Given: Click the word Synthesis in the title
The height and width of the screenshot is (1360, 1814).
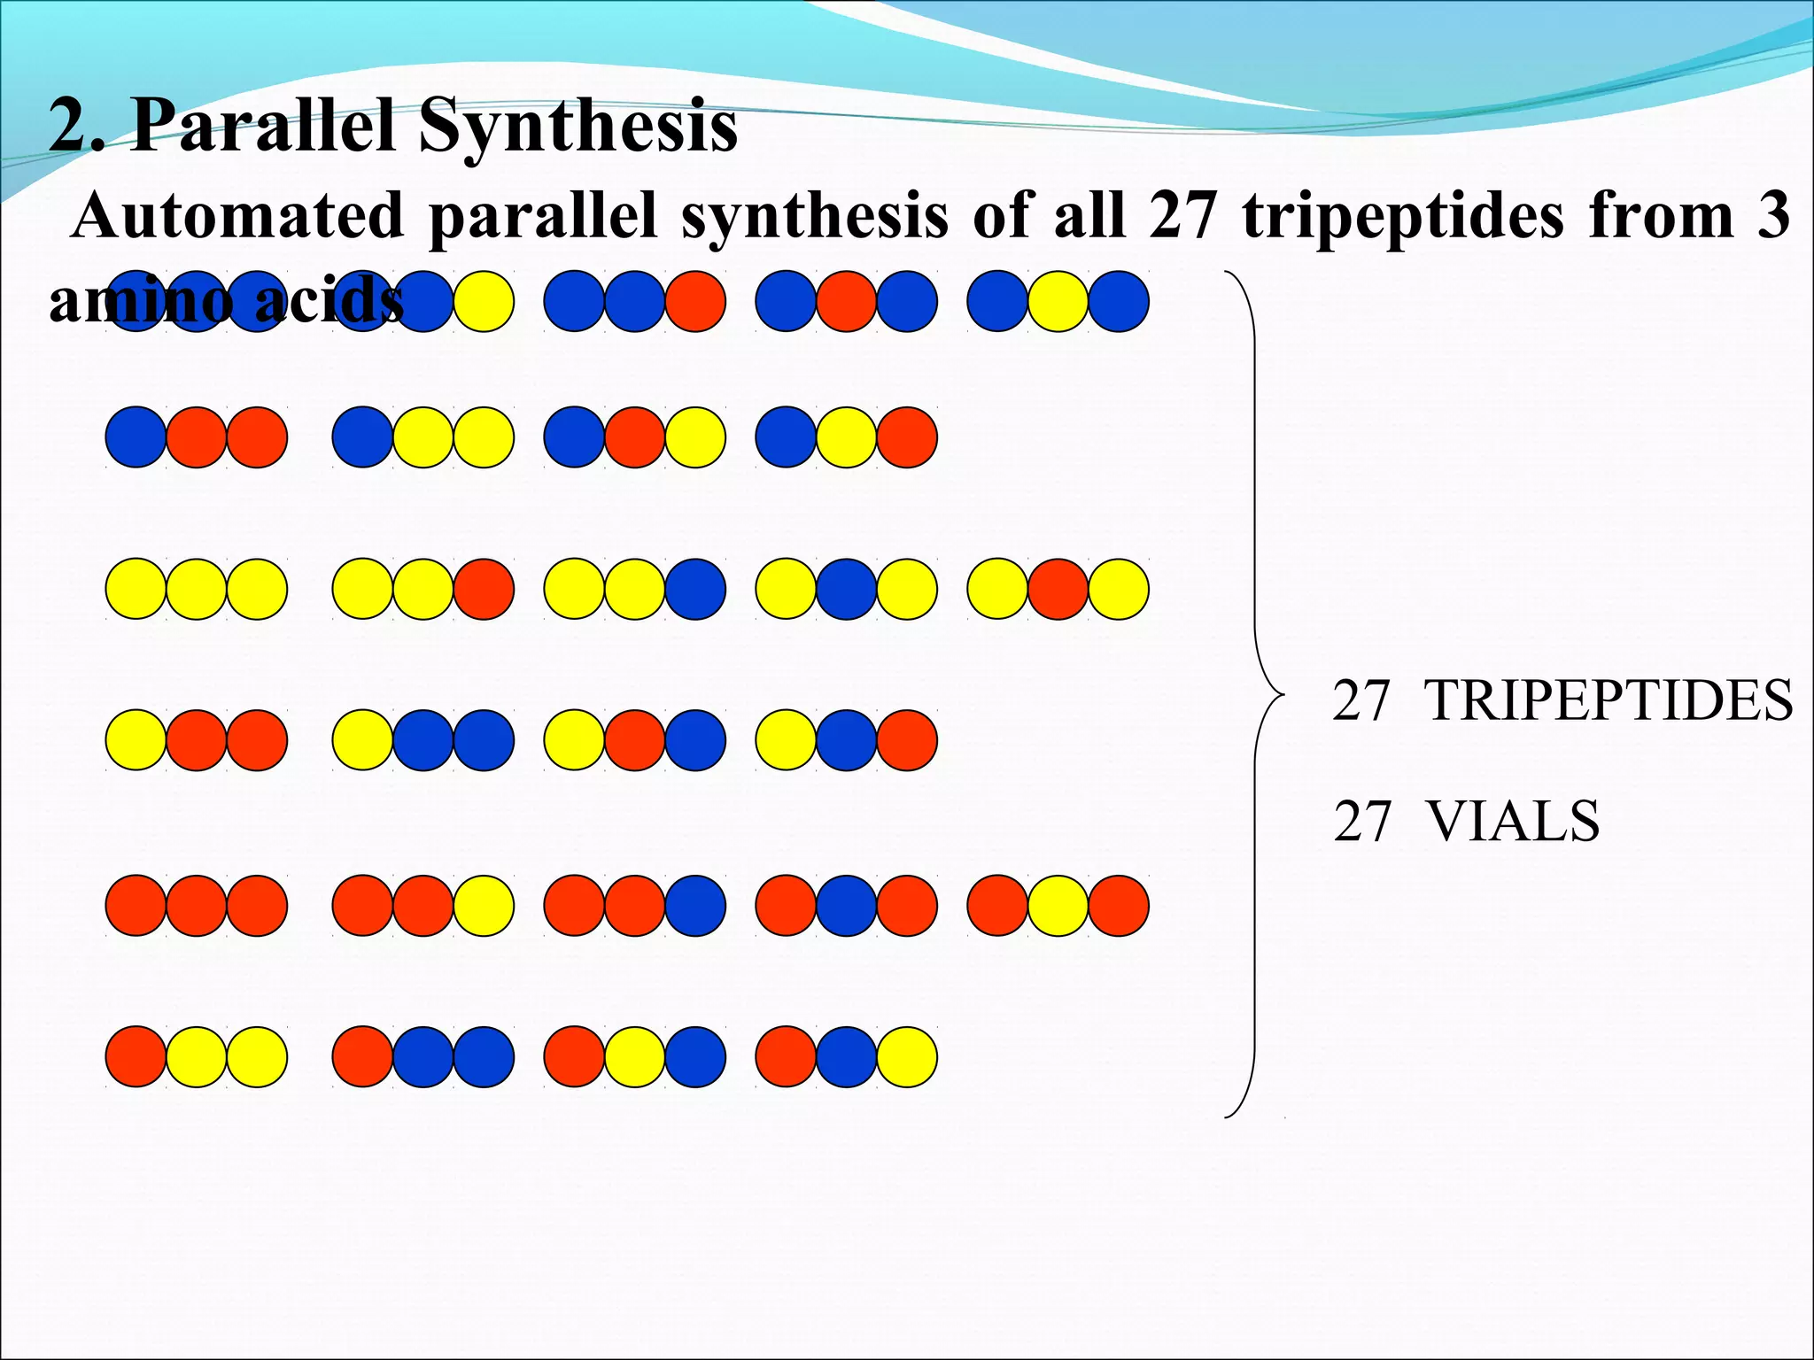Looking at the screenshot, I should pyautogui.click(x=578, y=126).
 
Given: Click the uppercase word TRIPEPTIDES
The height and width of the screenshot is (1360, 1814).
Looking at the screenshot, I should pyautogui.click(x=1609, y=700).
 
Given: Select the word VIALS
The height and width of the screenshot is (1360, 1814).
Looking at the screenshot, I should pyautogui.click(x=1513, y=821).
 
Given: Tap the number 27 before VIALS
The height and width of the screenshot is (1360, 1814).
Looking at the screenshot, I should pyautogui.click(x=1362, y=821).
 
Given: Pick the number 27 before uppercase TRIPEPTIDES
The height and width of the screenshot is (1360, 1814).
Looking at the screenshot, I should pyautogui.click(x=1361, y=700).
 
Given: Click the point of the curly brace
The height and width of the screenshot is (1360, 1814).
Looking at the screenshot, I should pyautogui.click(x=1282, y=694).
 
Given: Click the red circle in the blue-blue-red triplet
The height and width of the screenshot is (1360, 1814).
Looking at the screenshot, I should pyautogui.click(x=695, y=301).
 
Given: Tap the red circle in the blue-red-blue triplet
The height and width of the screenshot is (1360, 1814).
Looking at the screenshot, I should pyautogui.click(x=846, y=301).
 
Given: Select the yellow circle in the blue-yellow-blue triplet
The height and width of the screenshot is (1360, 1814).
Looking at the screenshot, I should pyautogui.click(x=1058, y=301).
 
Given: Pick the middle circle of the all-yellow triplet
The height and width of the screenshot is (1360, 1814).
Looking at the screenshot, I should pyautogui.click(x=197, y=589).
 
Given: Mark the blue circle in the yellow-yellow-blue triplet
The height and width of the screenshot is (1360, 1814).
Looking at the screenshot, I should pyautogui.click(x=695, y=589).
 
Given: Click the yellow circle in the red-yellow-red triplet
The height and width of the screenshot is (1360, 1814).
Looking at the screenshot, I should pyautogui.click(x=1058, y=906).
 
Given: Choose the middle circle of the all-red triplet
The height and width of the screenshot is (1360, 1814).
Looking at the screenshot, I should pyautogui.click(x=197, y=906).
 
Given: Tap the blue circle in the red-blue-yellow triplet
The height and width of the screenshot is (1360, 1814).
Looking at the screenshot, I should pyautogui.click(x=846, y=1057).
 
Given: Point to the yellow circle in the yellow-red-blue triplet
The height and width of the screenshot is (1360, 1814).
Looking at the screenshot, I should pyautogui.click(x=574, y=740).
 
